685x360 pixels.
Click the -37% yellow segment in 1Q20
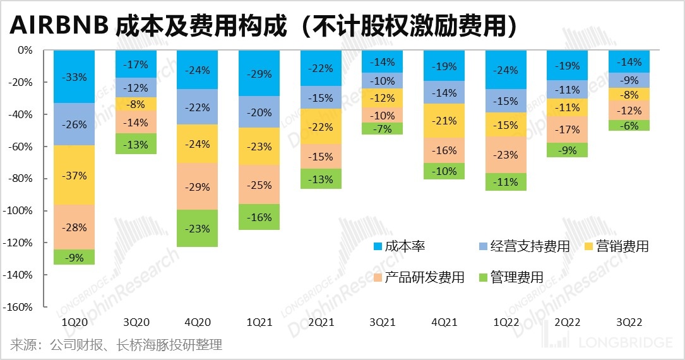click(x=74, y=175)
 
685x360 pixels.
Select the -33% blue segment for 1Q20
click(x=74, y=76)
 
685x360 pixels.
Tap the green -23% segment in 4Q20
click(x=198, y=228)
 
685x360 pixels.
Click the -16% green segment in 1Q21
click(x=259, y=217)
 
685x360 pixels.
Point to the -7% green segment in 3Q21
click(x=383, y=129)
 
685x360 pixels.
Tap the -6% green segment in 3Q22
click(x=629, y=126)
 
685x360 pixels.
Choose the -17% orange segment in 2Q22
click(x=567, y=129)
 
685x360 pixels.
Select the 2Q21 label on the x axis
click(x=321, y=322)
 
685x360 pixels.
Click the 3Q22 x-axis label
click(x=629, y=322)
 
